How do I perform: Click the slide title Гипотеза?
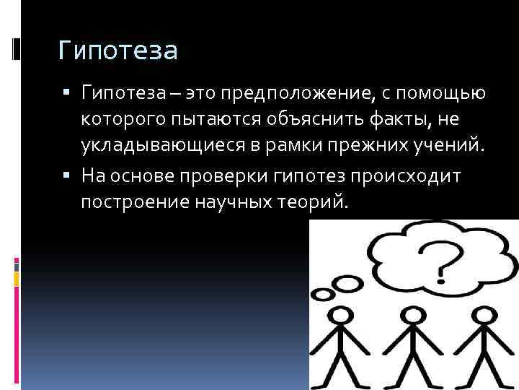(117, 51)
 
